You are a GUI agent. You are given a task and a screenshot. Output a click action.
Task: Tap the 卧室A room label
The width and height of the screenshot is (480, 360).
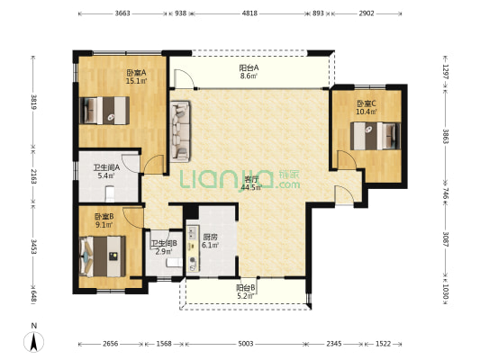[x=136, y=73]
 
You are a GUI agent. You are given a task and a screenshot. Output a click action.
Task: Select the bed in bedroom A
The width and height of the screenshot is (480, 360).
[x=104, y=111]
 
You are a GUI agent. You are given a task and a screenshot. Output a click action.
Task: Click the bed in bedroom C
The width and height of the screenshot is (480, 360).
[x=376, y=136]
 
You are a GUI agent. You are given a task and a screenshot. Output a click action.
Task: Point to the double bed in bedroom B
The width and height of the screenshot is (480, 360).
[x=103, y=256]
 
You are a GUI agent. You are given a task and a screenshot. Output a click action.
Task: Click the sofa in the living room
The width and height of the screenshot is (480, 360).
[x=180, y=131]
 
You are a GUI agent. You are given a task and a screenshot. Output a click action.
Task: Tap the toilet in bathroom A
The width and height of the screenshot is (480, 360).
[x=110, y=193]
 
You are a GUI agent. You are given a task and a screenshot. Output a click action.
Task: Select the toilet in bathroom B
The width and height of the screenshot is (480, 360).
[x=175, y=263]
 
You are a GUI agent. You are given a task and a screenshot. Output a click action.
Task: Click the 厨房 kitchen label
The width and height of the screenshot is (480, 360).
[x=211, y=237]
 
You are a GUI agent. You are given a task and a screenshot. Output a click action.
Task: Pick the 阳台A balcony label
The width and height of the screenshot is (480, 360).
[x=249, y=67]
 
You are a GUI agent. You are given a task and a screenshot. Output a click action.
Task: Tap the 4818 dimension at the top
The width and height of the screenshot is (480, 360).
[x=249, y=13]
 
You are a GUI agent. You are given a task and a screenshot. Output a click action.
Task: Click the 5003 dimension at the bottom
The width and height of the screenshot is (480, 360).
[x=246, y=344]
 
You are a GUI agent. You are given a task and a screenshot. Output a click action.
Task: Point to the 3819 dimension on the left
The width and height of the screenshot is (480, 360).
[x=33, y=103]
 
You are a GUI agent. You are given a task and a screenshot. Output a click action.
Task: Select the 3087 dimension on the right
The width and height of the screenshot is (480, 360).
[x=446, y=239]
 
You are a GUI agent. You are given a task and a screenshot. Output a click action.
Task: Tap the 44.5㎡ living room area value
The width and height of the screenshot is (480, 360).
[x=251, y=187]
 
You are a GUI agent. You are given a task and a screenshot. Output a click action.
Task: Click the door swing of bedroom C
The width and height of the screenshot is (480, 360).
[x=347, y=159]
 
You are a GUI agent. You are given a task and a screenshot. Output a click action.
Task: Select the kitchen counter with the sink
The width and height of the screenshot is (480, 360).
[x=193, y=249]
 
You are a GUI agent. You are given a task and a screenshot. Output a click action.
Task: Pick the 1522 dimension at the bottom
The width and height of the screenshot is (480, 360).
[x=383, y=344]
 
